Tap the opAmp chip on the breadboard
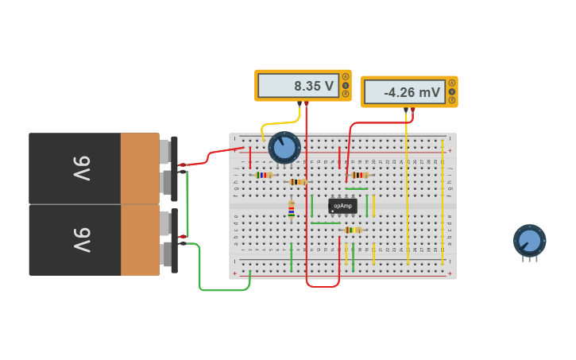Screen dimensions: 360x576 342,206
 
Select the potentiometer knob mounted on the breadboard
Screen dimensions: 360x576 284,147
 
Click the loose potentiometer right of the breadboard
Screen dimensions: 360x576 529,241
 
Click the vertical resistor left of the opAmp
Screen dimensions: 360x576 291,209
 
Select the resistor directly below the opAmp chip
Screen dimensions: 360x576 352,230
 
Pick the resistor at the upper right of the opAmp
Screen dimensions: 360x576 359,175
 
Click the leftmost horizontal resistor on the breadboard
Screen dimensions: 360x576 264,175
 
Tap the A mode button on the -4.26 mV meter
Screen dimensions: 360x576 452,83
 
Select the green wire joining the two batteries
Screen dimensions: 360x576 187,203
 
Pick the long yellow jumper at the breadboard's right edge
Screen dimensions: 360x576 443,203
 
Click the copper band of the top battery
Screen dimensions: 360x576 140,168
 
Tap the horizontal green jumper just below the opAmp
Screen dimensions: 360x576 325,223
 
